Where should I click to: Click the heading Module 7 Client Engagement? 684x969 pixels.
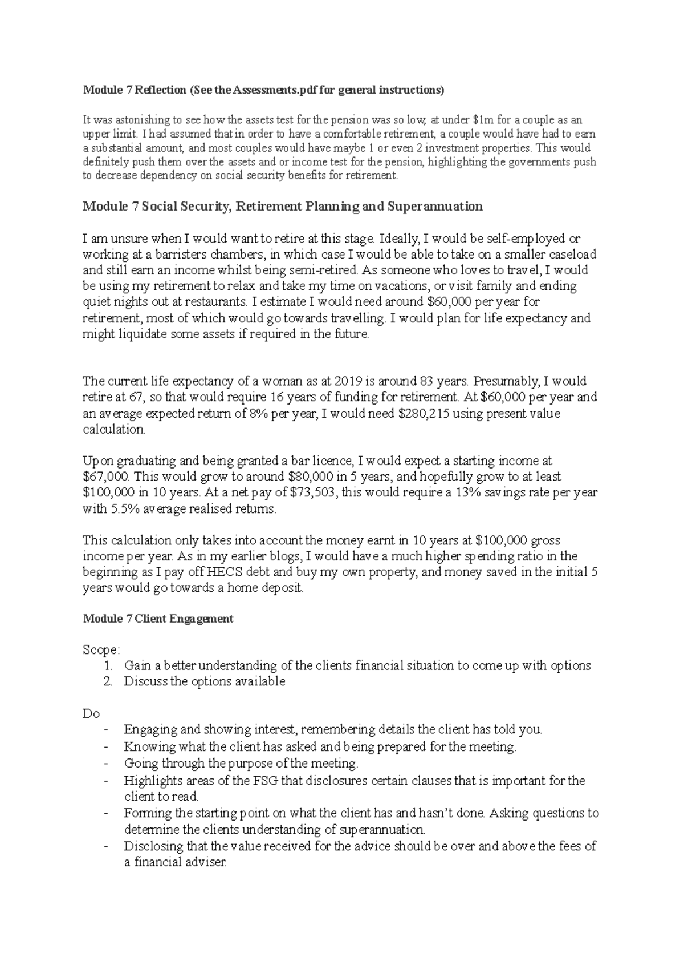[158, 619]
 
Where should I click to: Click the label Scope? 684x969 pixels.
[101, 650]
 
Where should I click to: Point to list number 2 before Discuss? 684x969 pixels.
[108, 682]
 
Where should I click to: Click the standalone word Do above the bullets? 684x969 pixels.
[91, 714]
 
